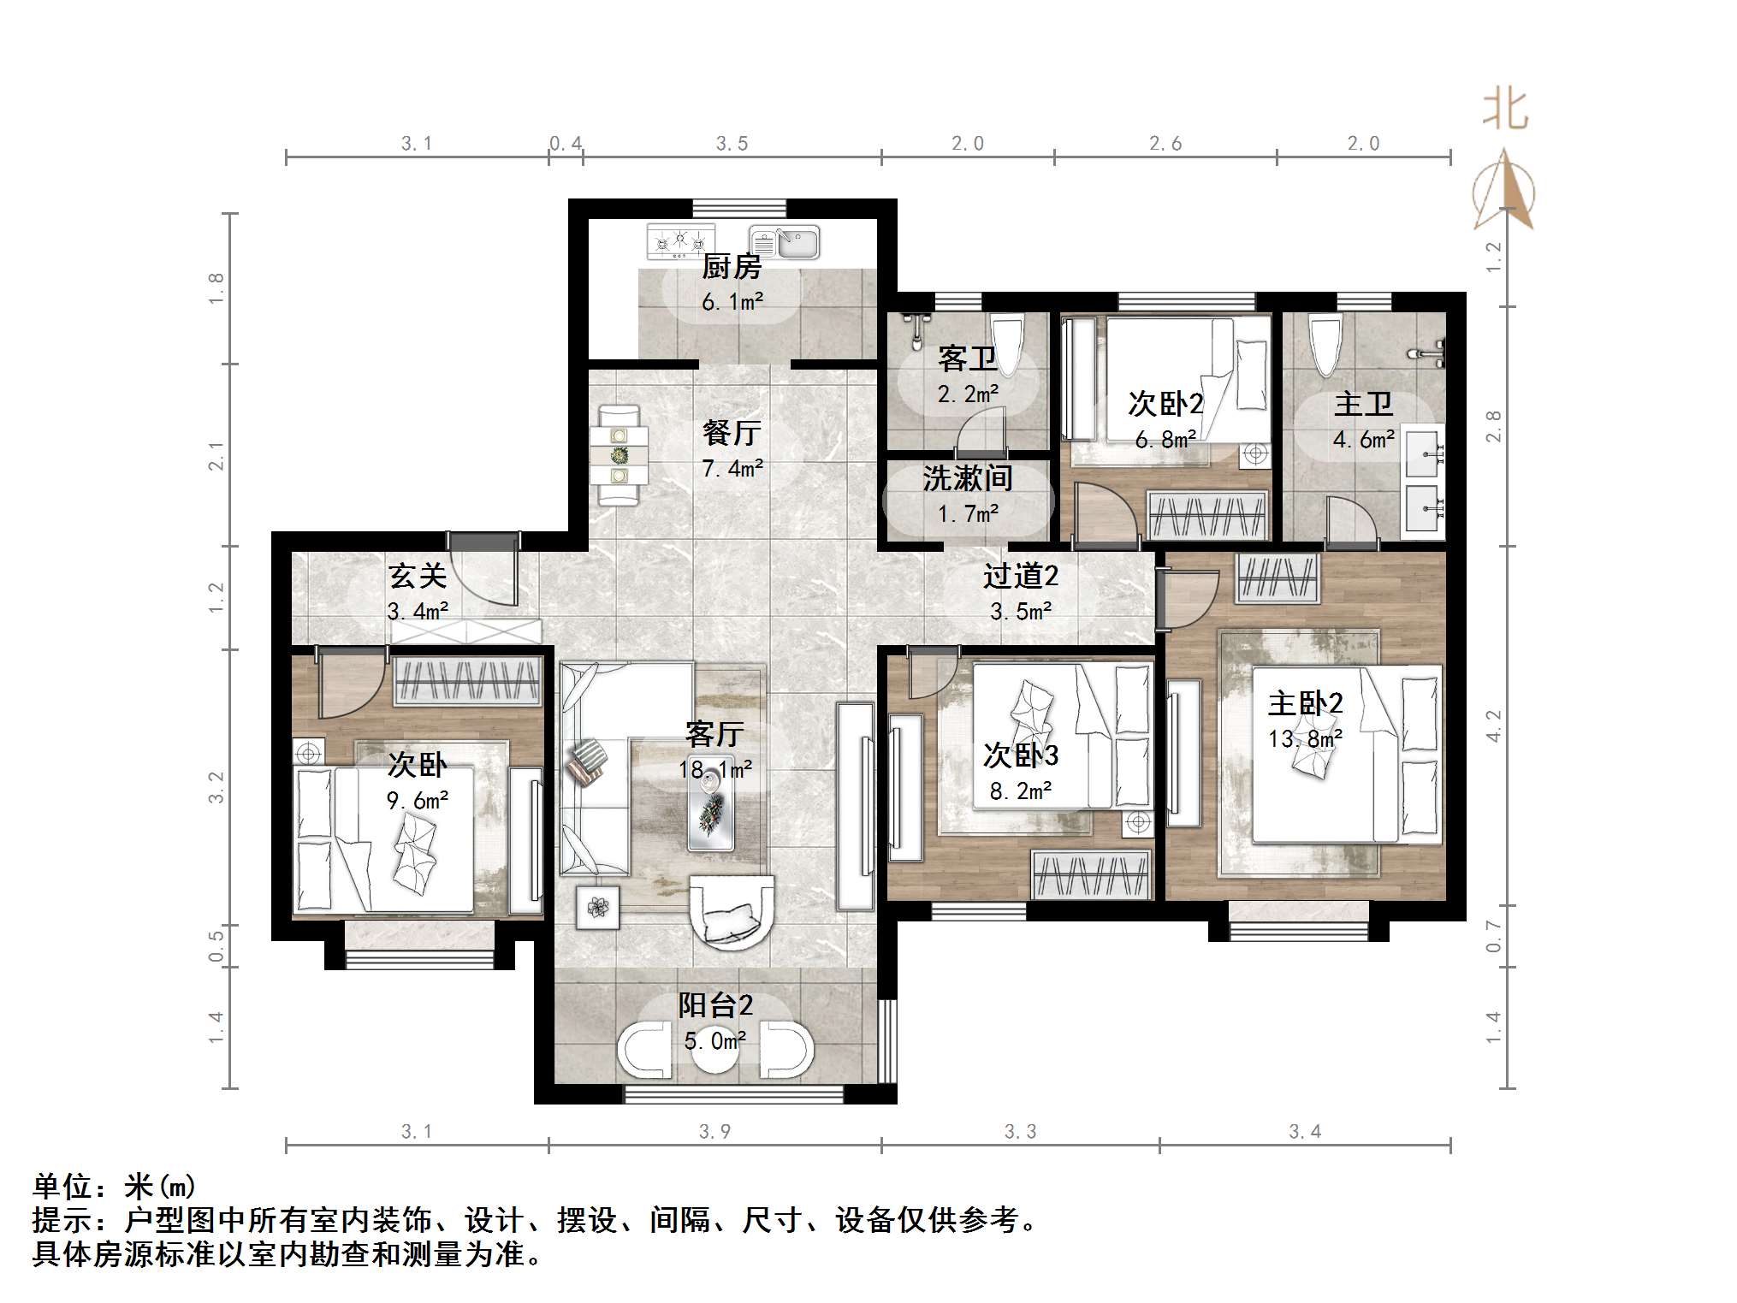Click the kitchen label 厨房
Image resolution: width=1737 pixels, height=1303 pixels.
tap(732, 267)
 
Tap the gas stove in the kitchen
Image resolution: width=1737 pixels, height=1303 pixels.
tap(680, 241)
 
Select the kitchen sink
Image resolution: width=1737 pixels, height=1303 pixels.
tap(785, 242)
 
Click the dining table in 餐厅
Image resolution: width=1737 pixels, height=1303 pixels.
tap(619, 455)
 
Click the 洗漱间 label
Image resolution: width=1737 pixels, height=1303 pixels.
tap(968, 478)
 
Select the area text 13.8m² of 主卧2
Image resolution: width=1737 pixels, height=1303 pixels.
tap(1305, 738)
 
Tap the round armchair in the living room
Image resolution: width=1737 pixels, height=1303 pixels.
tap(732, 912)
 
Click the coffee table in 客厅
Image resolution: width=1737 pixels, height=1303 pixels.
tap(711, 820)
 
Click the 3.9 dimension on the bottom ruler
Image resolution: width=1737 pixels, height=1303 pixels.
tap(714, 1132)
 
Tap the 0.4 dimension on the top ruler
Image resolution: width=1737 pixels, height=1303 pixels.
tap(565, 144)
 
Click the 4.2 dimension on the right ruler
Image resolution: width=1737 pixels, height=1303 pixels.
tap(1493, 726)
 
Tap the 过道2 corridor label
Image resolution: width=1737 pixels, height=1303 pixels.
tap(1020, 576)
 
